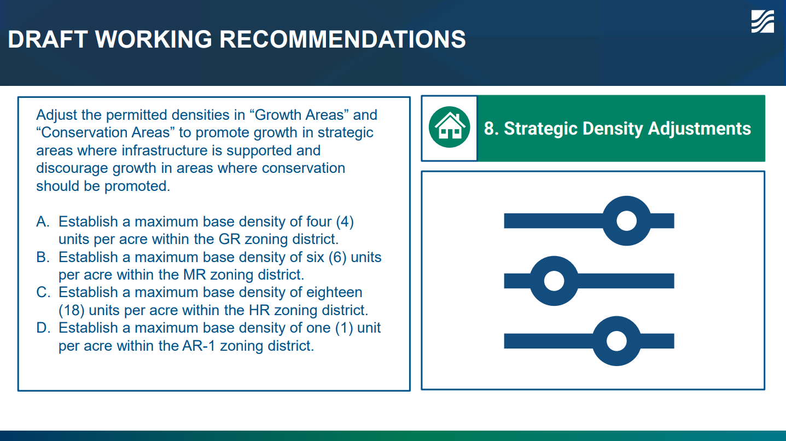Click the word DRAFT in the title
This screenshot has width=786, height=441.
48,39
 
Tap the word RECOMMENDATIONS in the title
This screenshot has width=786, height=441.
342,39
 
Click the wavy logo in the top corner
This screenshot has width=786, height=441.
762,21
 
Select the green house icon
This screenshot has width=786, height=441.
449,127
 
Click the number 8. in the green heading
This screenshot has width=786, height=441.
491,129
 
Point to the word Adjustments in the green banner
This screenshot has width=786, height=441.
700,129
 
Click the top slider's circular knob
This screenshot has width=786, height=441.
627,221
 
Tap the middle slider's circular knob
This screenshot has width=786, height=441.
554,281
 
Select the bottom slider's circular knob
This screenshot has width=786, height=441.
616,341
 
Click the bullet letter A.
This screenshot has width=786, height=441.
43,222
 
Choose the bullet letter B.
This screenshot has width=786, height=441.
43,257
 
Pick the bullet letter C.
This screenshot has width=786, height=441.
43,293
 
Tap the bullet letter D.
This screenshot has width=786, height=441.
43,328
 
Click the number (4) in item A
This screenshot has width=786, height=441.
345,222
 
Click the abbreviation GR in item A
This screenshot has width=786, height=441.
230,240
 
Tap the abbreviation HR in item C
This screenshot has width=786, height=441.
259,310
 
